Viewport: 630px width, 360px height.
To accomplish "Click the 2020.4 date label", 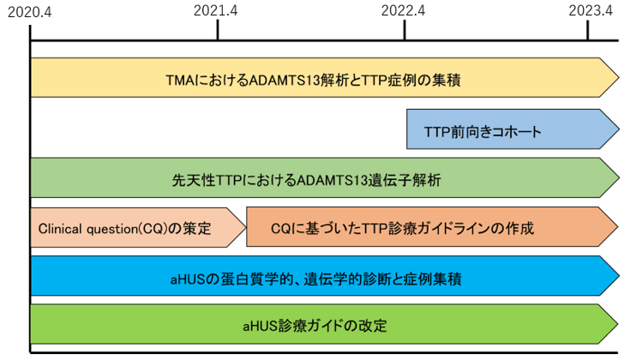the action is coord(30,12).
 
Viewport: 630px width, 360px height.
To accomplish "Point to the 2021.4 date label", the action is coord(216,11).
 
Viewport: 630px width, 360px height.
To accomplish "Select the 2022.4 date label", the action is coord(403,11).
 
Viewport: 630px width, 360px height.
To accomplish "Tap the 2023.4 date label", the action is coord(591,10).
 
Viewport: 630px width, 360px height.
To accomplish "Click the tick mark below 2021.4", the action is coord(218,30).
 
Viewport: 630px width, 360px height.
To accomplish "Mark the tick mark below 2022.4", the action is coord(405,30).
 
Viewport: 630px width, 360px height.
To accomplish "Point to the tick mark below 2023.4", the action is coord(588,30).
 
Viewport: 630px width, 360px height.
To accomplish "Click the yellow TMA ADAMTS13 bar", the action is coord(325,77).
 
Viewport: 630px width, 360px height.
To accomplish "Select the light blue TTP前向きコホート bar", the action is coord(513,129).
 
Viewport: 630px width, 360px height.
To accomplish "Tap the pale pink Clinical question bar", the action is coord(138,227).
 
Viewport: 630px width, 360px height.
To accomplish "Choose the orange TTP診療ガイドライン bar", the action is coord(432,226).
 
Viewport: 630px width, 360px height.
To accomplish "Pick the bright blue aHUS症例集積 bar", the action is coord(325,276).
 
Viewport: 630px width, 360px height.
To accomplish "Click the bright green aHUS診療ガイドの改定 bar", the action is coord(324,324).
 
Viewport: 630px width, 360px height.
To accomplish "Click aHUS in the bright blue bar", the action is coord(188,279).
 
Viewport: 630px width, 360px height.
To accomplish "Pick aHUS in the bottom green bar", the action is coord(261,326).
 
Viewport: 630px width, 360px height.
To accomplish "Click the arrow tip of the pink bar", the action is coord(245,227).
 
